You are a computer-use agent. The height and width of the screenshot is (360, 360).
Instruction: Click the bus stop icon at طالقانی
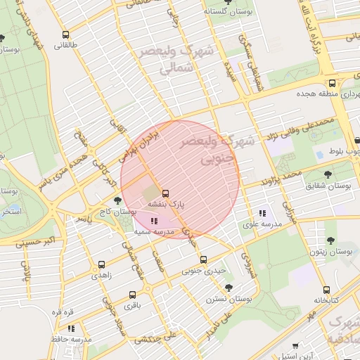[x=65, y=34]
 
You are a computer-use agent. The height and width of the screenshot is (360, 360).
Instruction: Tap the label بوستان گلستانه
[x=225, y=11]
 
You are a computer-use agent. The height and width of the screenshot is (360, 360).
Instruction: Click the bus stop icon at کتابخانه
[x=326, y=290]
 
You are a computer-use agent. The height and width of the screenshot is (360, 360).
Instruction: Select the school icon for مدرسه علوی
[x=262, y=213]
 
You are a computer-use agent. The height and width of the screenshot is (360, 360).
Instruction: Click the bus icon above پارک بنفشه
[x=166, y=193]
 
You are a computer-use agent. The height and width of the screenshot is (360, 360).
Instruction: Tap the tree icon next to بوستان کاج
[x=127, y=200]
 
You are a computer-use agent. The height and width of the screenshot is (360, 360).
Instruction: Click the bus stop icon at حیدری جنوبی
[x=203, y=259]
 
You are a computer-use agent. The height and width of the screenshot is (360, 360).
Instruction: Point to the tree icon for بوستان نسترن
[x=229, y=288]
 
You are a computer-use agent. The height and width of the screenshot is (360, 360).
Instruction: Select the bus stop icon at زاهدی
[x=102, y=265]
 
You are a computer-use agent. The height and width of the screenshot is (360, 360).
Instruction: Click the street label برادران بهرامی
[x=137, y=142]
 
